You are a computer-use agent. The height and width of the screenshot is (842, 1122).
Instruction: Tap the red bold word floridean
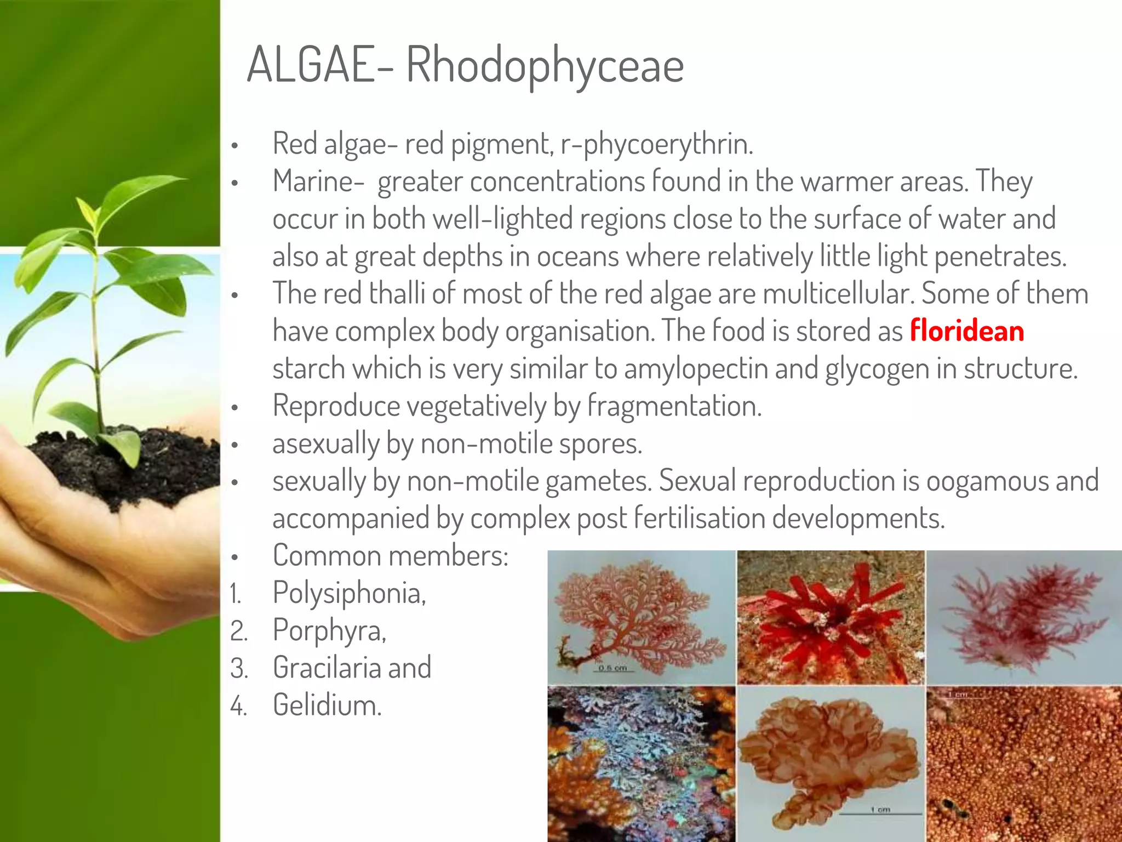966,331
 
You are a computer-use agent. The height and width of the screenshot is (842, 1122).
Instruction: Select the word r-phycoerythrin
657,144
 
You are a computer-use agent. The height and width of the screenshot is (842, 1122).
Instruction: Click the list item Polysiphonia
349,593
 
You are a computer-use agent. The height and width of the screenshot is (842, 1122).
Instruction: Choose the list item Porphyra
329,630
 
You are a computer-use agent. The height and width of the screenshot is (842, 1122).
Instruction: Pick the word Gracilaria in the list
327,668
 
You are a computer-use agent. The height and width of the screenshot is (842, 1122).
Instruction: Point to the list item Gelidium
327,705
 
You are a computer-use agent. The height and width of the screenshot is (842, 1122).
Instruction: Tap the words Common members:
391,556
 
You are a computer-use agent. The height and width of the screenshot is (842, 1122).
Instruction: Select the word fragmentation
674,406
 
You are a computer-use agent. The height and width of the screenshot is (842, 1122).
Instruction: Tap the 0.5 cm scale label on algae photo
612,668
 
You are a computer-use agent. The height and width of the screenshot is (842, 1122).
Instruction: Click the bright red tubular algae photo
831,617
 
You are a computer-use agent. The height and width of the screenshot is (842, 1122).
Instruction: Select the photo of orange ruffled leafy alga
831,762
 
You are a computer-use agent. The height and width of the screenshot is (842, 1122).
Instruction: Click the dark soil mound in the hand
126,466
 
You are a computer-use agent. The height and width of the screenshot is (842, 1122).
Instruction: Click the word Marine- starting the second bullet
318,181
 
